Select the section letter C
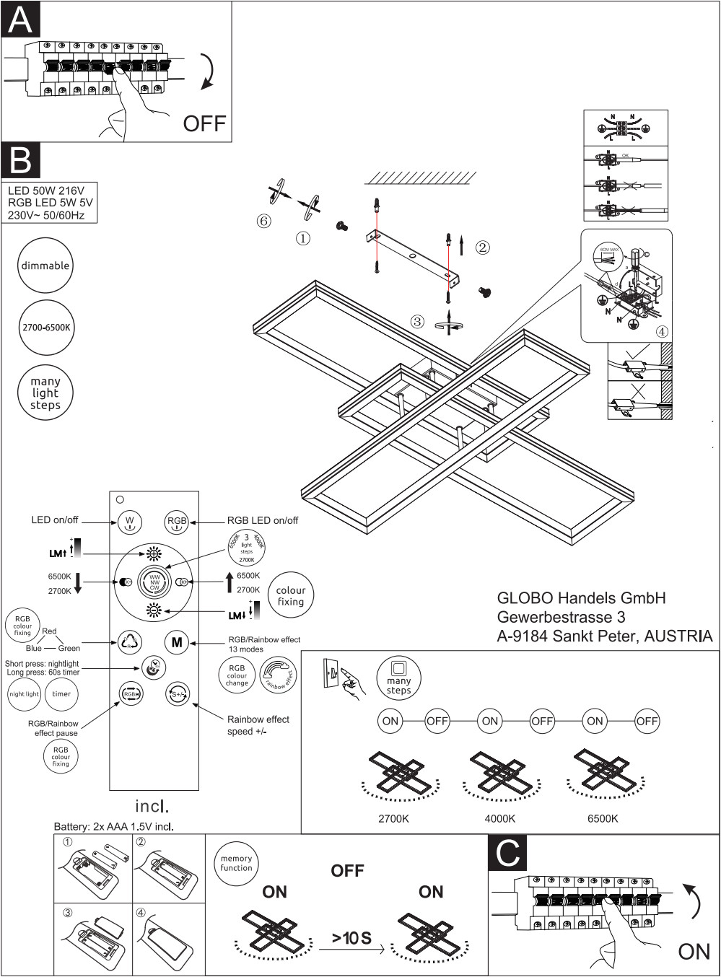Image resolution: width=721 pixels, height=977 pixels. click(x=509, y=853)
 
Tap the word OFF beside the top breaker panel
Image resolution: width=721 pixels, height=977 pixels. click(x=204, y=123)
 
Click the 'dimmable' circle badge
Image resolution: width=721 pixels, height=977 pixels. click(x=45, y=266)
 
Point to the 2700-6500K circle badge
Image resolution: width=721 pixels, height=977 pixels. click(x=45, y=328)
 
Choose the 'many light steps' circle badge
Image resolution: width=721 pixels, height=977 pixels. click(x=45, y=393)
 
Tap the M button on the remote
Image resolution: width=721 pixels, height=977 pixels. click(x=177, y=641)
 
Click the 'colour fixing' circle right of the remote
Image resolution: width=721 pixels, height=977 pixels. click(x=291, y=596)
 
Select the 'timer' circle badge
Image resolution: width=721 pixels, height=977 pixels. click(x=61, y=694)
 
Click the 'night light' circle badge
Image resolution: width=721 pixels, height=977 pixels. click(x=24, y=694)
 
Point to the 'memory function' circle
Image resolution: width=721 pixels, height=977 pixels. click(x=236, y=863)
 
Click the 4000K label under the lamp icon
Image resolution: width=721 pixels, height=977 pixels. click(x=499, y=818)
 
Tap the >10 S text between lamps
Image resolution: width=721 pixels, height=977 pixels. click(x=351, y=937)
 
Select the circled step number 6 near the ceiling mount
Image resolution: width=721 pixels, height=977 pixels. click(x=264, y=222)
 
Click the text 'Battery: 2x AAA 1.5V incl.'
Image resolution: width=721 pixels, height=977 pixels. click(x=114, y=826)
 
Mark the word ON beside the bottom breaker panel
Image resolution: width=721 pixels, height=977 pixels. click(x=694, y=952)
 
